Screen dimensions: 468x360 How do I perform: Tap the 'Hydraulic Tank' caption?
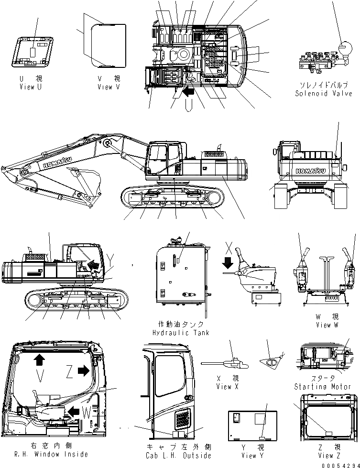coord(181,332)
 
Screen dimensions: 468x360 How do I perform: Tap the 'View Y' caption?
coord(253,456)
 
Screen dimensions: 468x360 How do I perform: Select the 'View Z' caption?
coord(329,456)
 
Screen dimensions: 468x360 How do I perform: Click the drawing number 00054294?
coord(340,465)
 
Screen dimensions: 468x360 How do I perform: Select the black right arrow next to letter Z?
coord(83,370)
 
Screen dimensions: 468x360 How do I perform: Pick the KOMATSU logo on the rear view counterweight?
coord(308,171)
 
